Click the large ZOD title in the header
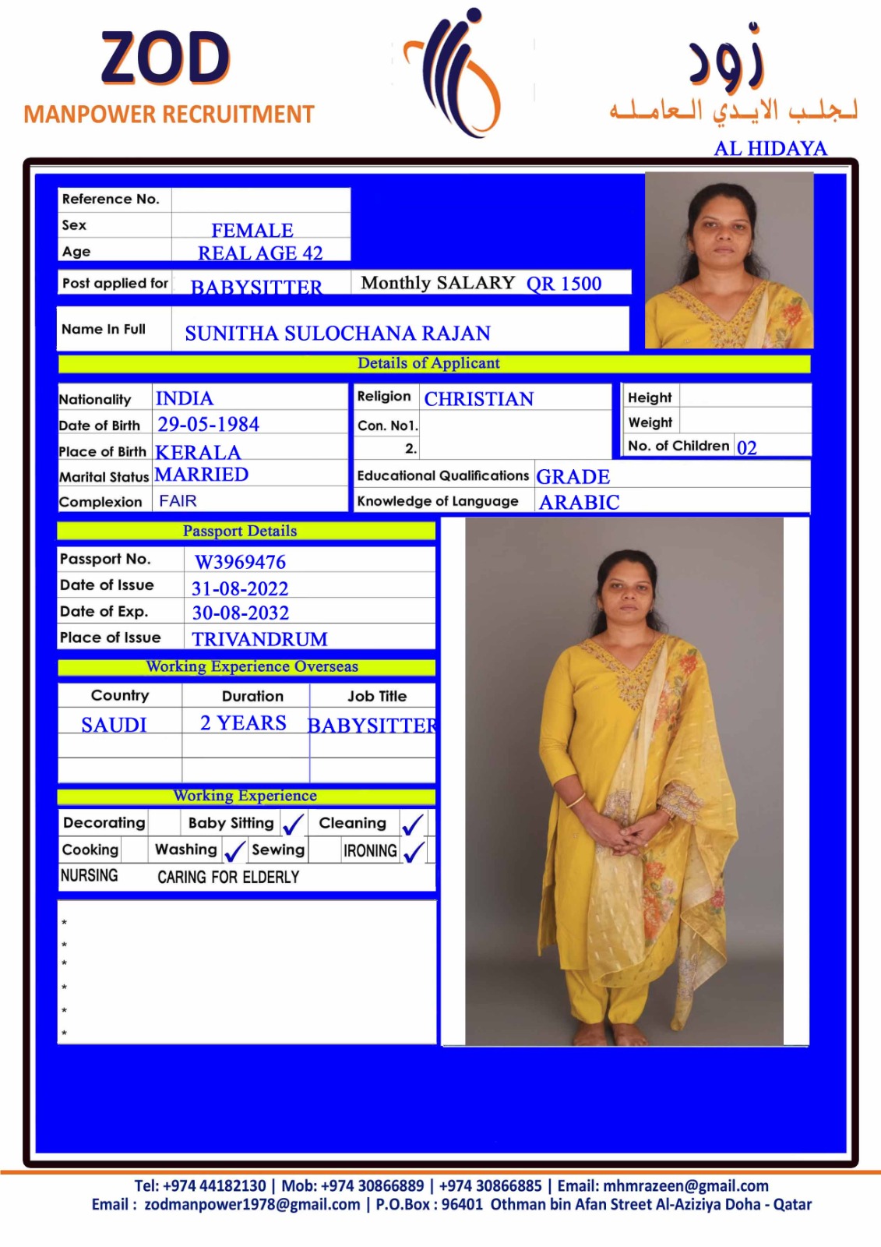(165, 58)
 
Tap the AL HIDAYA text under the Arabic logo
(770, 148)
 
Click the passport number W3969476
(240, 562)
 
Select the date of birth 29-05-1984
(208, 425)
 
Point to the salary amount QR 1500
(564, 284)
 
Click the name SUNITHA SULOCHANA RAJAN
(337, 334)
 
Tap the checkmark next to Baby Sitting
(294, 825)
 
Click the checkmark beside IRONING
(414, 851)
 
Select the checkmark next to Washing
(234, 851)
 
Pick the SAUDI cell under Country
(114, 725)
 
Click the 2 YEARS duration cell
(243, 723)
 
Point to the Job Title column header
(377, 696)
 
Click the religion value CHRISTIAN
(479, 399)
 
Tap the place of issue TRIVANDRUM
(259, 639)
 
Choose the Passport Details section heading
(240, 531)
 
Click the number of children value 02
(746, 447)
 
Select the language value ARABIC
(580, 503)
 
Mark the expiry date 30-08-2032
(240, 613)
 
